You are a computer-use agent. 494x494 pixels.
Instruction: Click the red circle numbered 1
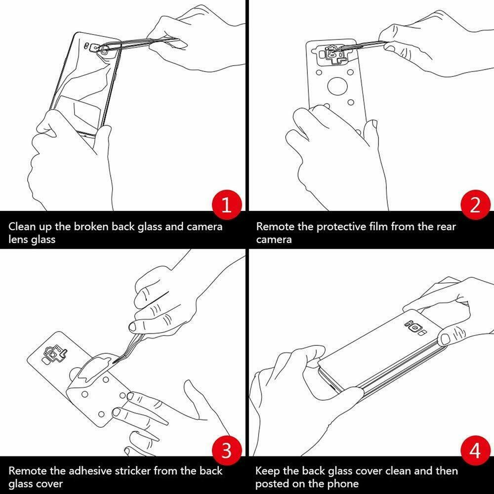click(x=227, y=205)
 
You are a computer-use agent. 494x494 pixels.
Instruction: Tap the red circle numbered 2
click(x=475, y=205)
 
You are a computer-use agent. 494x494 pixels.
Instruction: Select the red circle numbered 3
click(x=227, y=451)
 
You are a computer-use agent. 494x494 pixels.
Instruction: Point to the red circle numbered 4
click(x=475, y=451)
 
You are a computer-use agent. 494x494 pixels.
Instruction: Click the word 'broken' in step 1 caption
click(x=91, y=227)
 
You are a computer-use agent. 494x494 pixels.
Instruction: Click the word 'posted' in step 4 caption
click(x=272, y=484)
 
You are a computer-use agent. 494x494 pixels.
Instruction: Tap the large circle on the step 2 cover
click(x=337, y=85)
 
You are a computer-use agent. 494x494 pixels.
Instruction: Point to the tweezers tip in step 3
click(x=113, y=363)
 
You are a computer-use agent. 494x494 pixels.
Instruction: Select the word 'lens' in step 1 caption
click(x=18, y=239)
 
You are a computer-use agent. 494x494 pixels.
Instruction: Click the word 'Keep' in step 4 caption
click(x=267, y=471)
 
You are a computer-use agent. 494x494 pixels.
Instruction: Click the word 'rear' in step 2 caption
click(x=446, y=227)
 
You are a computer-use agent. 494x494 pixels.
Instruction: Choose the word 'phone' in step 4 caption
click(x=344, y=484)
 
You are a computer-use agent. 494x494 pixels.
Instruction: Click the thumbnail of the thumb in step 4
click(x=445, y=340)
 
